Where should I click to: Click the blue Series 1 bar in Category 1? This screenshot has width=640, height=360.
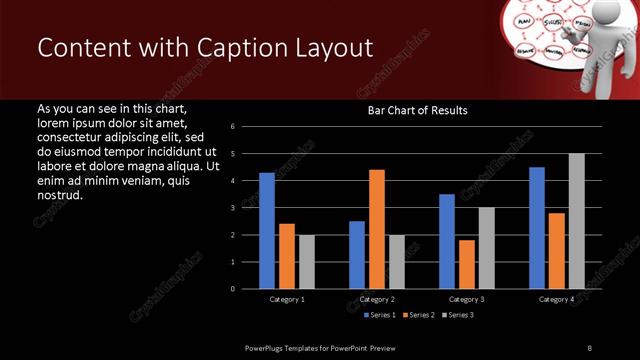[267, 231]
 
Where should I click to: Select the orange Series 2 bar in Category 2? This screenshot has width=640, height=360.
[376, 229]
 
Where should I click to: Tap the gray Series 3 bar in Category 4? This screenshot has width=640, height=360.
[576, 221]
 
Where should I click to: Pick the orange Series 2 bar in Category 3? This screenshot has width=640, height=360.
[466, 264]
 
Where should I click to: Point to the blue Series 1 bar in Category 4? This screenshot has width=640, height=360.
[537, 228]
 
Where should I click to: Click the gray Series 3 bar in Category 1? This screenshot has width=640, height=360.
[306, 262]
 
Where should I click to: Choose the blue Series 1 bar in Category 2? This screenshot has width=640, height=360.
[357, 255]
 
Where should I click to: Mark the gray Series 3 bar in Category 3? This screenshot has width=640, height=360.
[486, 248]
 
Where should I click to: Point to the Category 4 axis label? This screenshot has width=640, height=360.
[556, 299]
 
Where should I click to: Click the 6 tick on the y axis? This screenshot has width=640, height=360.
[232, 127]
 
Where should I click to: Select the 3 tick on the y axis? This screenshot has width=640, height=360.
[232, 208]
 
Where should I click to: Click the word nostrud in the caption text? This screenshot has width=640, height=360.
[58, 195]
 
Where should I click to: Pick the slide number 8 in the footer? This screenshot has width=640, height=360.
[589, 347]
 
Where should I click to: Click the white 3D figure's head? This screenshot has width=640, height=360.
[602, 11]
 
